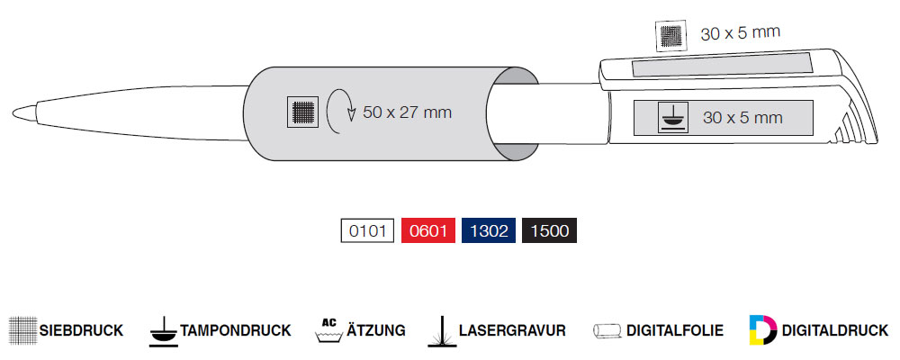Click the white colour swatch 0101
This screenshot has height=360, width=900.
[x=369, y=231]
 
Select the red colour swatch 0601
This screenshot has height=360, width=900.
[x=428, y=231]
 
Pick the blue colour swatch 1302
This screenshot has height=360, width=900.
[x=489, y=231]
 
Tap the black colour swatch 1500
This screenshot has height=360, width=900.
[x=549, y=231]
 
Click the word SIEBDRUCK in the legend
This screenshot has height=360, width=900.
[x=81, y=330]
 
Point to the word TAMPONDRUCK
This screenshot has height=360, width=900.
[x=236, y=330]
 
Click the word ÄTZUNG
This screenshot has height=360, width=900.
[x=376, y=330]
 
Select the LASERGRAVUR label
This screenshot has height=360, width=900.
[x=511, y=330]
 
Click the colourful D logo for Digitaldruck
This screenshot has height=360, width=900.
[x=763, y=329]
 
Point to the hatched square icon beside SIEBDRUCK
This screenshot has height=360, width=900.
[x=22, y=330]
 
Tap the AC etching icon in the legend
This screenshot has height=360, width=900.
[x=329, y=329]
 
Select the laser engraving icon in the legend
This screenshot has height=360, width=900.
[x=441, y=329]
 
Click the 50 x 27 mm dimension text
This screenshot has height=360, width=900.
[x=407, y=112]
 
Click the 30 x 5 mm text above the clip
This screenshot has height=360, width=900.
[x=740, y=34]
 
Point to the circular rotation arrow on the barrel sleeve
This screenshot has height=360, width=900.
[x=339, y=112]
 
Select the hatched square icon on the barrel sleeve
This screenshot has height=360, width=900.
[x=302, y=112]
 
